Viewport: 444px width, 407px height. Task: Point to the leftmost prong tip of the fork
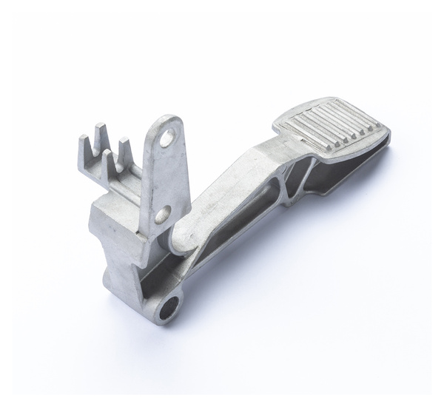point(81,138)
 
